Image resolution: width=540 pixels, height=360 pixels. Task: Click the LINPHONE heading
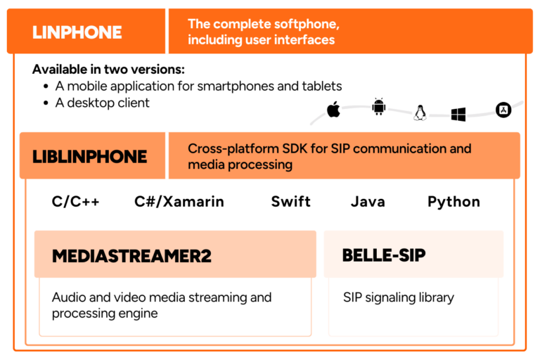pos(77,32)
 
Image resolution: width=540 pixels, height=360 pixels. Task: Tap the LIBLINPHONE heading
pos(89,156)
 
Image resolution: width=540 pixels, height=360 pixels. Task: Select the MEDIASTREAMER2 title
pos(131,255)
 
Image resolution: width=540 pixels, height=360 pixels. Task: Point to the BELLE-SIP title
pos(384,255)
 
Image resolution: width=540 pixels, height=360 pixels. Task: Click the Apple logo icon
pos(333,109)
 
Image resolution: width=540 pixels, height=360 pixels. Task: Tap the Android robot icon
pos(379,107)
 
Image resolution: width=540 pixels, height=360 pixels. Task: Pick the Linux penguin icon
pos(420,112)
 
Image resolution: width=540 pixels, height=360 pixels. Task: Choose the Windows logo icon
pos(459,114)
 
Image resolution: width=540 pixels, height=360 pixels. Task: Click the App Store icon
pos(503,110)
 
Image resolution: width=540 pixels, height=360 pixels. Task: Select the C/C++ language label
pos(76,202)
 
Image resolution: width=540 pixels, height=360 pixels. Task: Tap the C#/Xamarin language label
pos(179,202)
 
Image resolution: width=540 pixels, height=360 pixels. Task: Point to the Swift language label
pos(291,202)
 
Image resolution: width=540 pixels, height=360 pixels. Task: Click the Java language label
pos(368,202)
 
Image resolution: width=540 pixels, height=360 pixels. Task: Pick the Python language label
pos(454,202)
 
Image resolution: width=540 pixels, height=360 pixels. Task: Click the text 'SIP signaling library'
pos(399,297)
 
